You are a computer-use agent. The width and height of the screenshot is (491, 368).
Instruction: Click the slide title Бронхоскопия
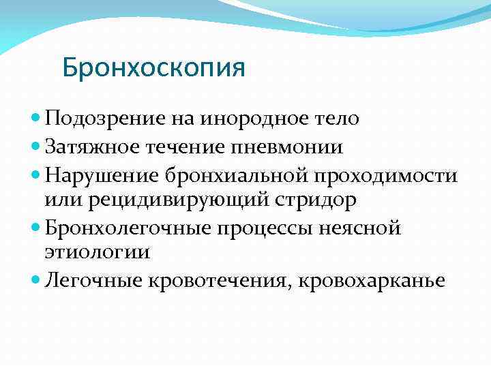[x=153, y=69]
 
